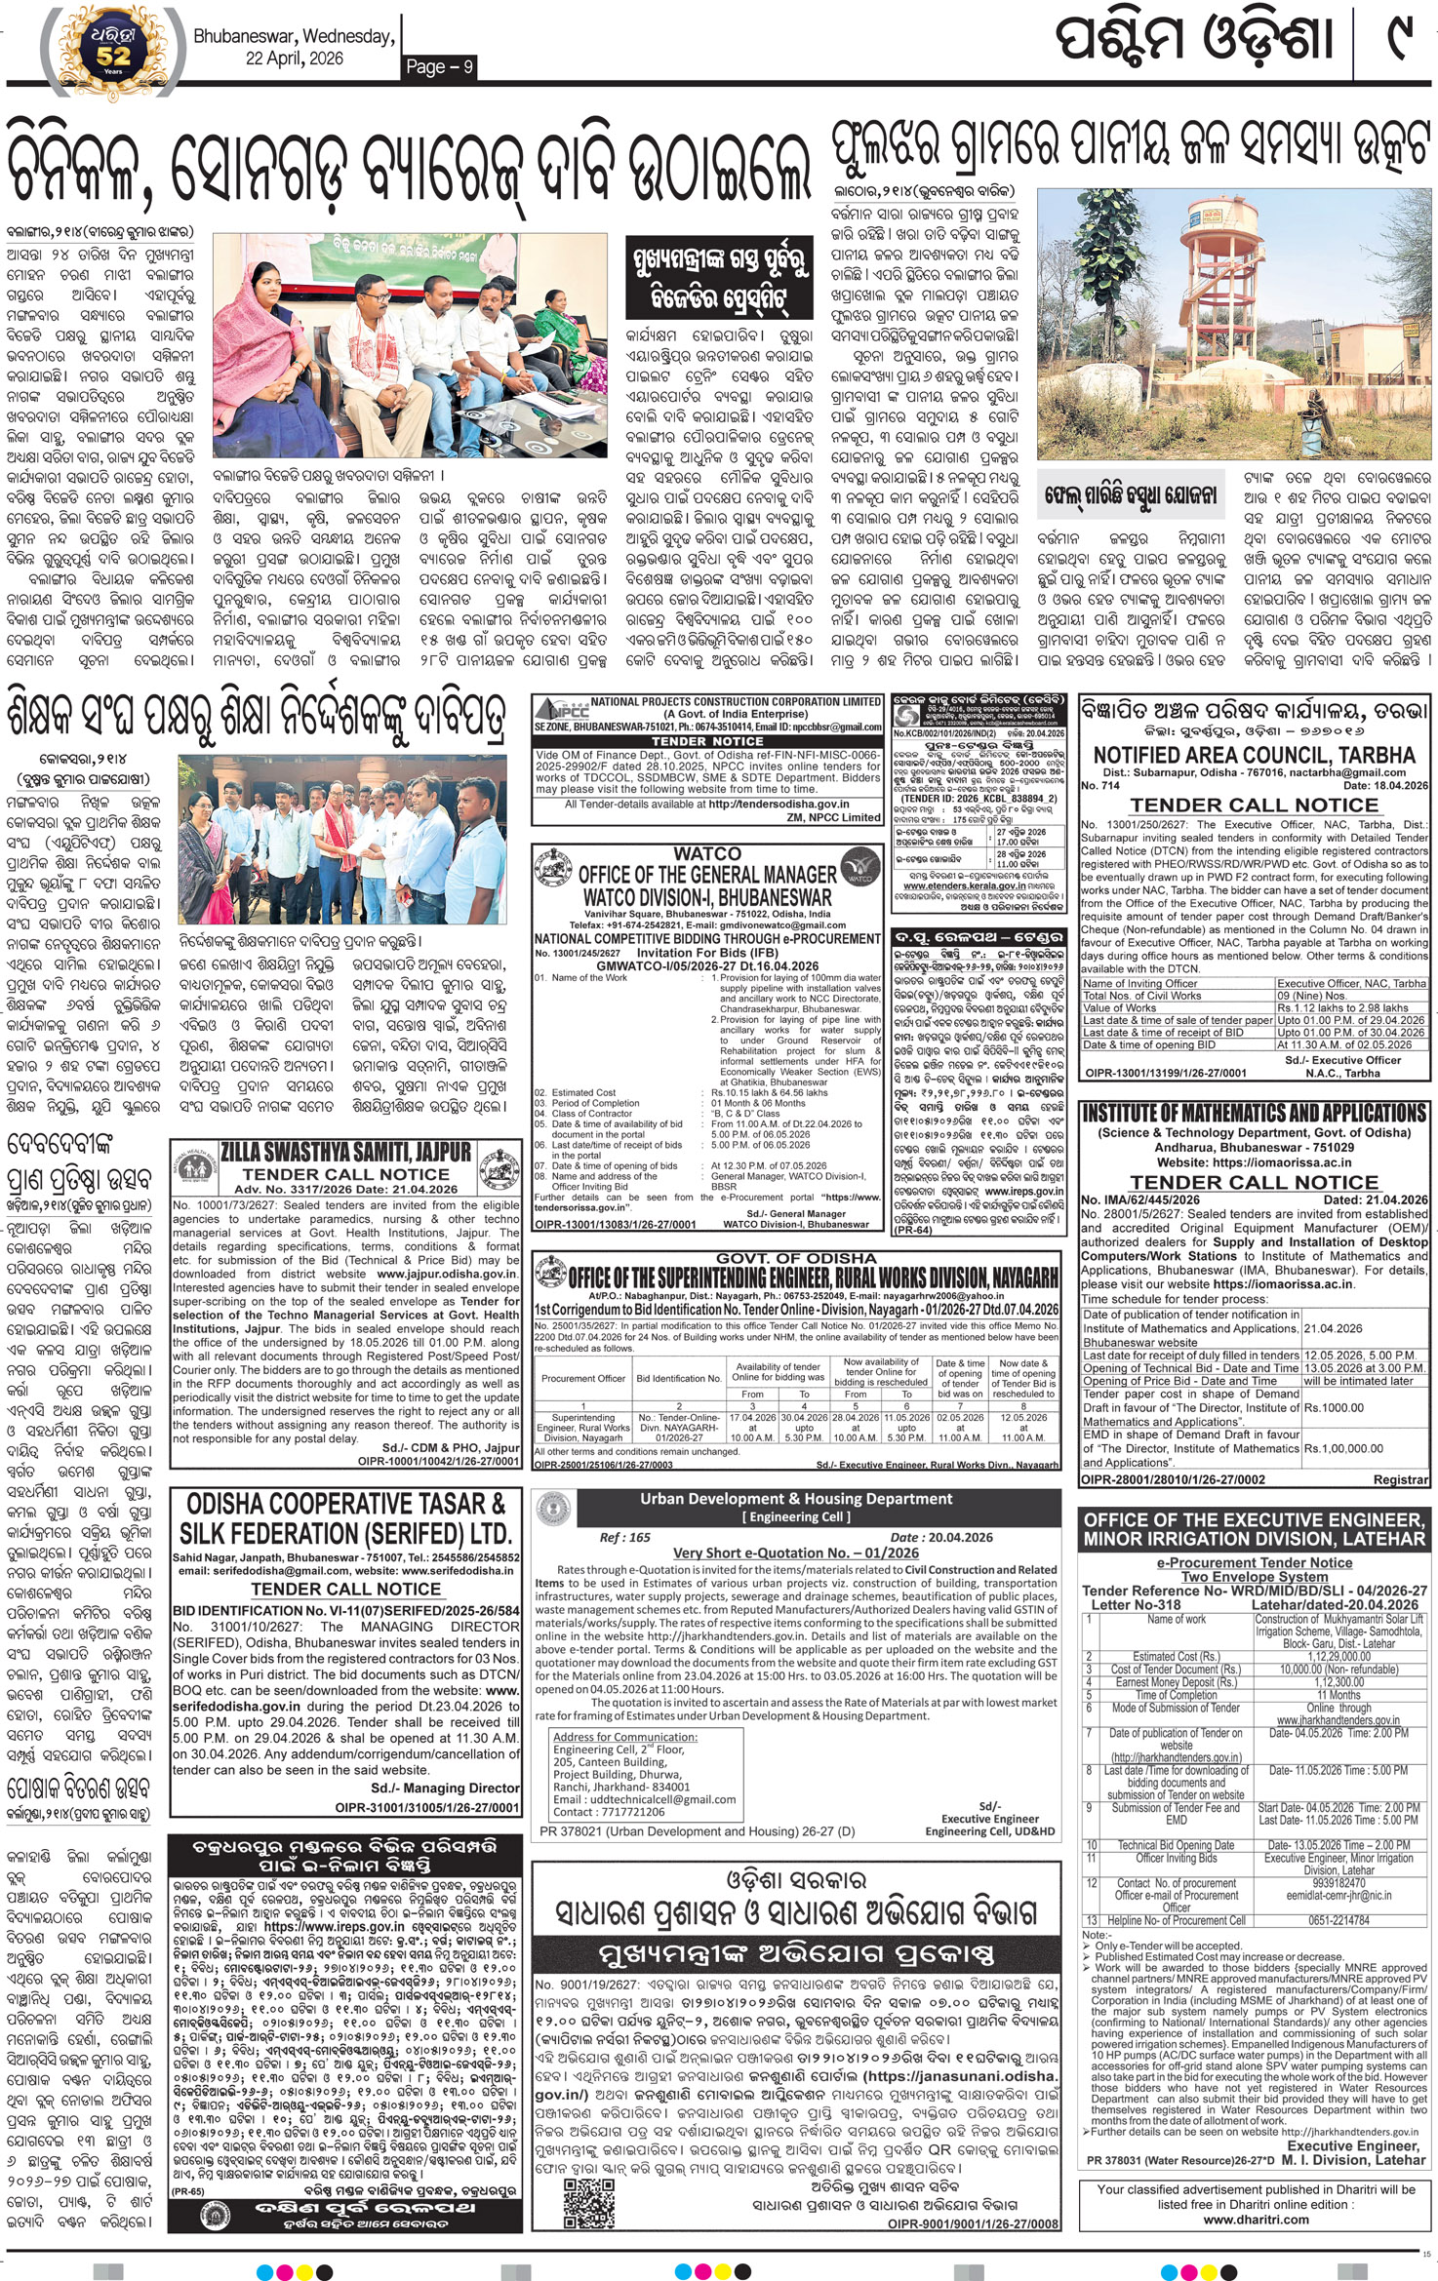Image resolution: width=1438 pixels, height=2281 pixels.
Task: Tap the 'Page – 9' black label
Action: point(439,66)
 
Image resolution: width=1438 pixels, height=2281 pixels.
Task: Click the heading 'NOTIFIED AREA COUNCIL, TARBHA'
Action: point(1254,755)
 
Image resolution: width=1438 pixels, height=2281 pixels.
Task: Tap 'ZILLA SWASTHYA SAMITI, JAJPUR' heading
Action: point(346,1151)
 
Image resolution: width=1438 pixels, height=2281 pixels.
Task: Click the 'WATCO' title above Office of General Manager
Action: point(707,853)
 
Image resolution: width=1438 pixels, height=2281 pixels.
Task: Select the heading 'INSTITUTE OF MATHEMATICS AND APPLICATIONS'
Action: point(1254,1113)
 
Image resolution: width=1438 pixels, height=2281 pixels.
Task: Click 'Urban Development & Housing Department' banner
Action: point(796,1499)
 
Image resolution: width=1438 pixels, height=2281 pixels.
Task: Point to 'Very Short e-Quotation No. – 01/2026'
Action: point(796,1553)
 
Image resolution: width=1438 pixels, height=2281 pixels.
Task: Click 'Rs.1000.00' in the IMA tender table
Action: point(1334,1407)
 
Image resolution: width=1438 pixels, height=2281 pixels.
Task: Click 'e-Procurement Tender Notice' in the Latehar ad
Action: point(1254,1562)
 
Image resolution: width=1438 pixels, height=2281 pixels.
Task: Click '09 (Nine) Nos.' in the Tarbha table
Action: point(1311,996)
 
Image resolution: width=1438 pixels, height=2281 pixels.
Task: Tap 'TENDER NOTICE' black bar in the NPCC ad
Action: point(707,741)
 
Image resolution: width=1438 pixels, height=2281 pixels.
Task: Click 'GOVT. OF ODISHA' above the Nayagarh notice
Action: point(796,1258)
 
